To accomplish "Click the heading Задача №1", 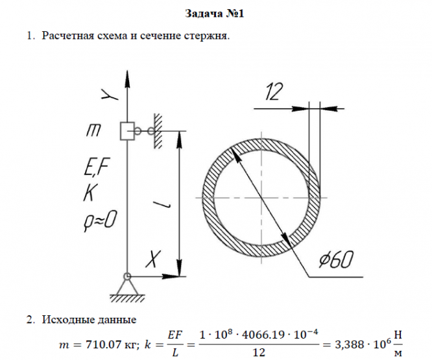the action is click(x=216, y=13).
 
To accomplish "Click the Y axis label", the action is click(x=112, y=95).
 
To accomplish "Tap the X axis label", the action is click(x=152, y=261).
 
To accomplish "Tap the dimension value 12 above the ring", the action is click(x=274, y=93).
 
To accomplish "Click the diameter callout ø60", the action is click(x=335, y=261).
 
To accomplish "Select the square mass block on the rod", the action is click(x=127, y=130).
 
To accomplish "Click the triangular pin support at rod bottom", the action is click(x=127, y=285).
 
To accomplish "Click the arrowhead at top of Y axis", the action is click(x=127, y=73).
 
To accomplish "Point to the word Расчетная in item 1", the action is click(x=68, y=36).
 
